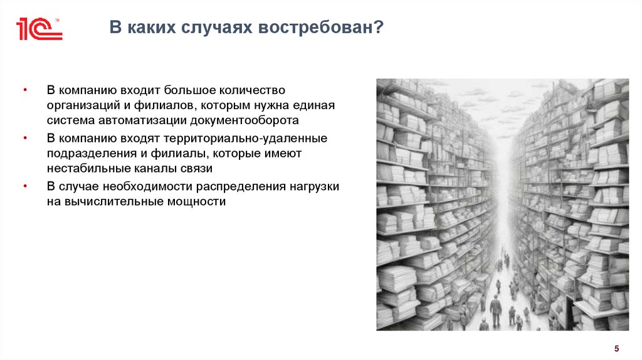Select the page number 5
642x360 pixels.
click(616, 349)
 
